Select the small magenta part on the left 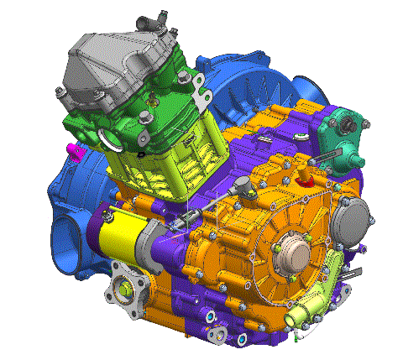coord(74,151)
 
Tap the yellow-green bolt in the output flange coord(125,290)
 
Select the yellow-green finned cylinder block coord(172,159)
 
